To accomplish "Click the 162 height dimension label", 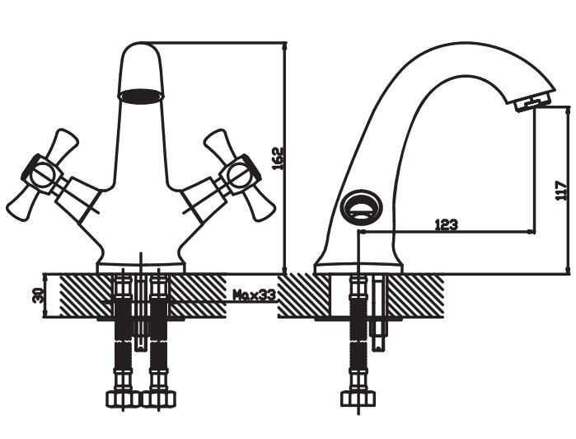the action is (x=278, y=158).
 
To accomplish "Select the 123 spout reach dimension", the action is (x=447, y=224).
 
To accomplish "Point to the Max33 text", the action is (x=255, y=295).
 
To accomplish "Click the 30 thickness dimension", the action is (x=37, y=295).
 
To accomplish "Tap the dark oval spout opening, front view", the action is (x=141, y=96).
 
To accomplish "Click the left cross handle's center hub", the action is (x=40, y=174).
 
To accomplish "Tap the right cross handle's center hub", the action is (x=240, y=174).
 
